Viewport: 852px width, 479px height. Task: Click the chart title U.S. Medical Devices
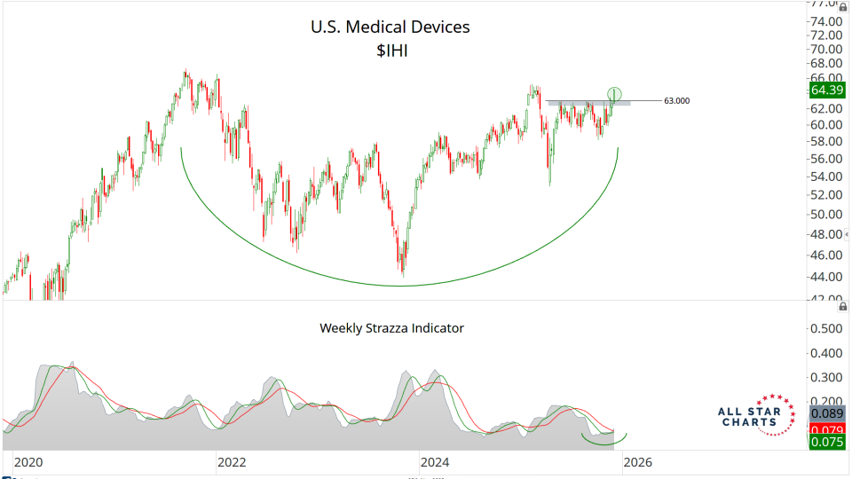390,27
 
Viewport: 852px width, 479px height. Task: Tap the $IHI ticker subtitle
390,52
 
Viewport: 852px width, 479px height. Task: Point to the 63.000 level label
676,101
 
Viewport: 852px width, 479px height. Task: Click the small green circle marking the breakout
614,93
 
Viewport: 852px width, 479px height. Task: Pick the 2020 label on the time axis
29,462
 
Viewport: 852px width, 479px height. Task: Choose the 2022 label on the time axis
232,462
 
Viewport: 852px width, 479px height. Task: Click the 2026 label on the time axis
637,462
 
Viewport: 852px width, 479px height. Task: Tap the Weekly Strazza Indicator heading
391,328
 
